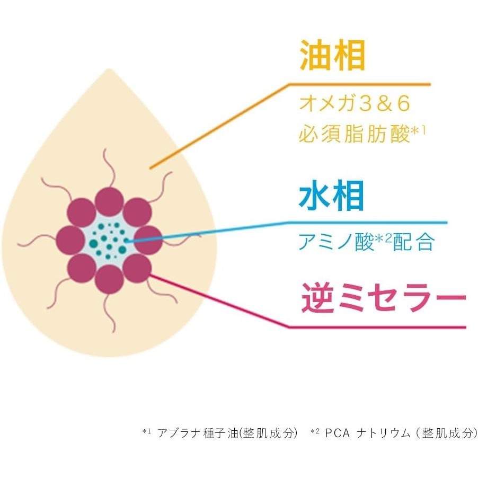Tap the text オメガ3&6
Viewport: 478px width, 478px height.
(355, 104)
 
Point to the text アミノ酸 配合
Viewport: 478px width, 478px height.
(366, 242)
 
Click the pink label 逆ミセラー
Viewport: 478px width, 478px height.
(383, 298)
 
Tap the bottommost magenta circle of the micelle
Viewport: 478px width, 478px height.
(110, 279)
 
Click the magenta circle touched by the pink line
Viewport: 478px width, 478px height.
(138, 268)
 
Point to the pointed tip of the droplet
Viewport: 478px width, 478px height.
(109, 71)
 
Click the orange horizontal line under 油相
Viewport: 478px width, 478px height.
(360, 84)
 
